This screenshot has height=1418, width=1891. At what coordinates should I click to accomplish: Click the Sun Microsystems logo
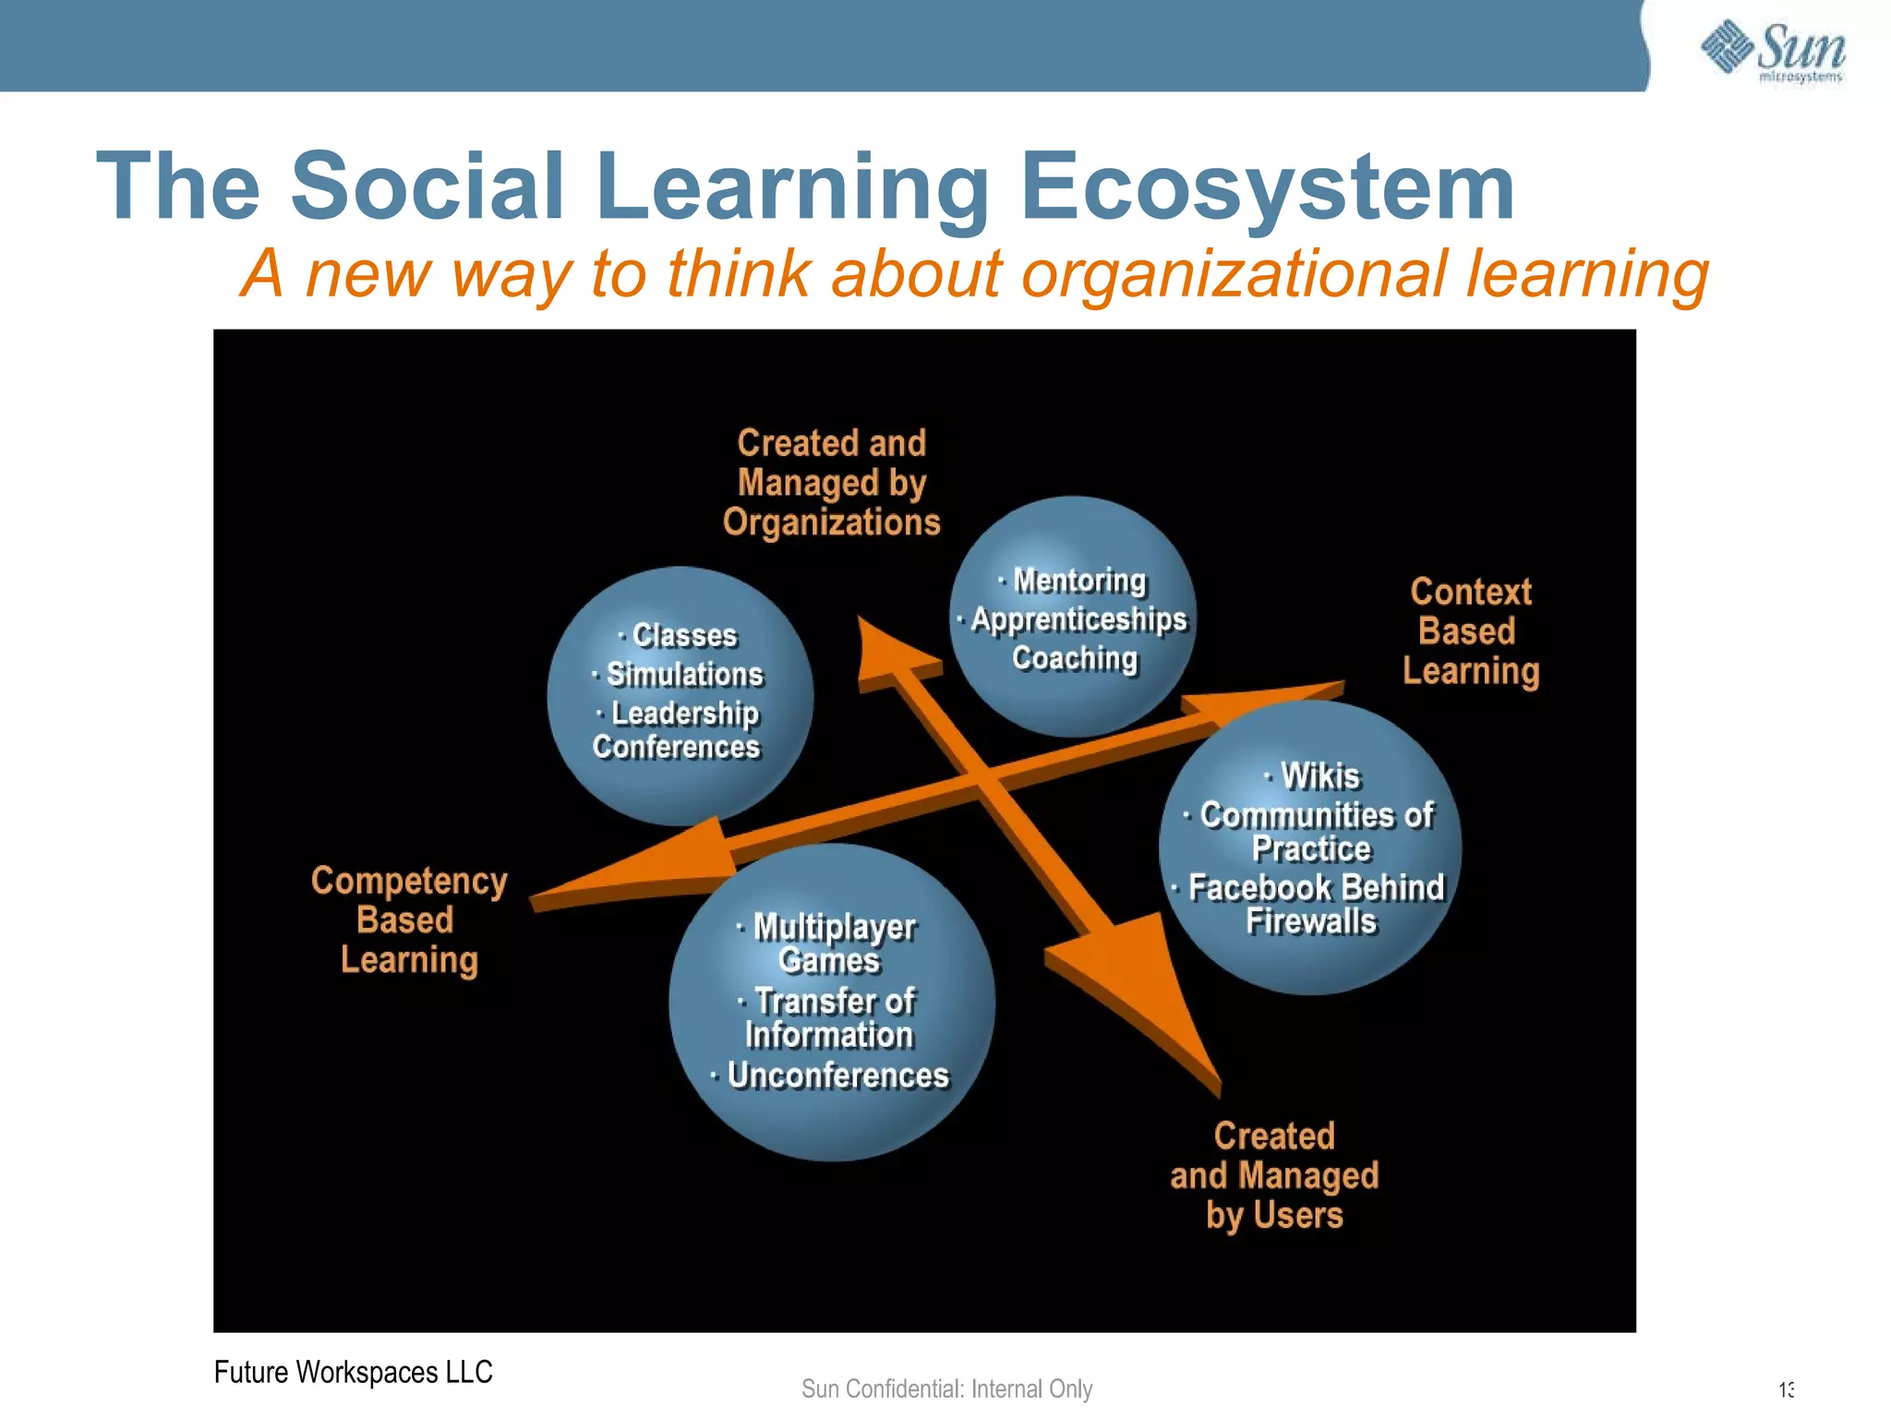point(1772,51)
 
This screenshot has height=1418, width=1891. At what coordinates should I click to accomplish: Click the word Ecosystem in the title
point(1266,187)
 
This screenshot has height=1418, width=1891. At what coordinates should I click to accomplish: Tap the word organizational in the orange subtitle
point(1235,274)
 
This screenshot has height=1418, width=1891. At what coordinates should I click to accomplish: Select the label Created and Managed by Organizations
point(831,483)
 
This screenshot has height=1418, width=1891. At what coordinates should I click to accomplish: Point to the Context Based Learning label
point(1470,631)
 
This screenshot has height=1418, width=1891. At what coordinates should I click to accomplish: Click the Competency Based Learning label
point(408,920)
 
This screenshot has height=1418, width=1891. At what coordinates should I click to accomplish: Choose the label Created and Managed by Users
point(1274,1175)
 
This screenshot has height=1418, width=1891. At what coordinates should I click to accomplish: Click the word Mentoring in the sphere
point(1078,581)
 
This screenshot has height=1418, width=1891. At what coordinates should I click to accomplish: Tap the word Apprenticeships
point(1078,619)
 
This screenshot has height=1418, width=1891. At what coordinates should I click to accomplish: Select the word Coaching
point(1075,658)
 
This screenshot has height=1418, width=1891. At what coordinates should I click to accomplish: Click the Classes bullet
point(684,635)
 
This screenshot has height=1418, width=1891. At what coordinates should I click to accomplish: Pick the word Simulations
point(684,675)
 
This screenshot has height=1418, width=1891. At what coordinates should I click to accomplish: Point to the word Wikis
point(1319,776)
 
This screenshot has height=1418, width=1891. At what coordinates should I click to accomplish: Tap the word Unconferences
point(837,1076)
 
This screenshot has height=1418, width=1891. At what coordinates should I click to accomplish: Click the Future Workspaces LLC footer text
point(353,1373)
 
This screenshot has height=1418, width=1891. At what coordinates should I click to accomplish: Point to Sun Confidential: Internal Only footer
point(946,1389)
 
